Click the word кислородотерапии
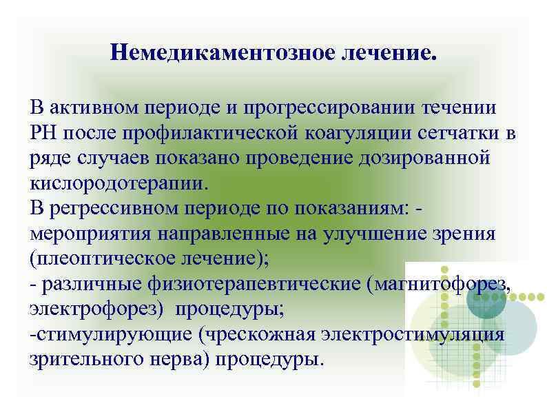coord(118,183)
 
